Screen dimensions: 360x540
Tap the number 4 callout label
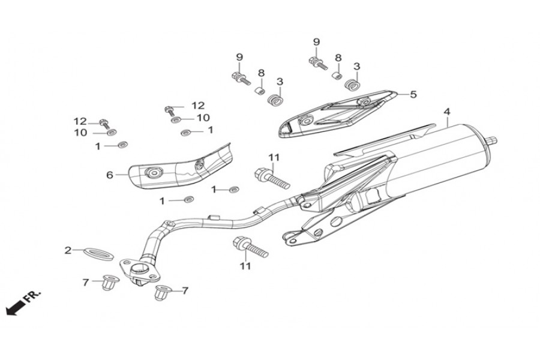click(446, 112)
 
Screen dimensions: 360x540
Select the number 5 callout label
click(413, 94)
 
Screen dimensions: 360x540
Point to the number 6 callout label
click(110, 175)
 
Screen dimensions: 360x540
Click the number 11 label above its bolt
click(274, 158)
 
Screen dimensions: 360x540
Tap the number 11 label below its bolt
click(245, 265)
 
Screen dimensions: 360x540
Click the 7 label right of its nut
click(185, 291)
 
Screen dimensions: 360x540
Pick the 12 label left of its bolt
click(80, 121)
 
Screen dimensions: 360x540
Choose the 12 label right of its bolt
click(198, 105)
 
